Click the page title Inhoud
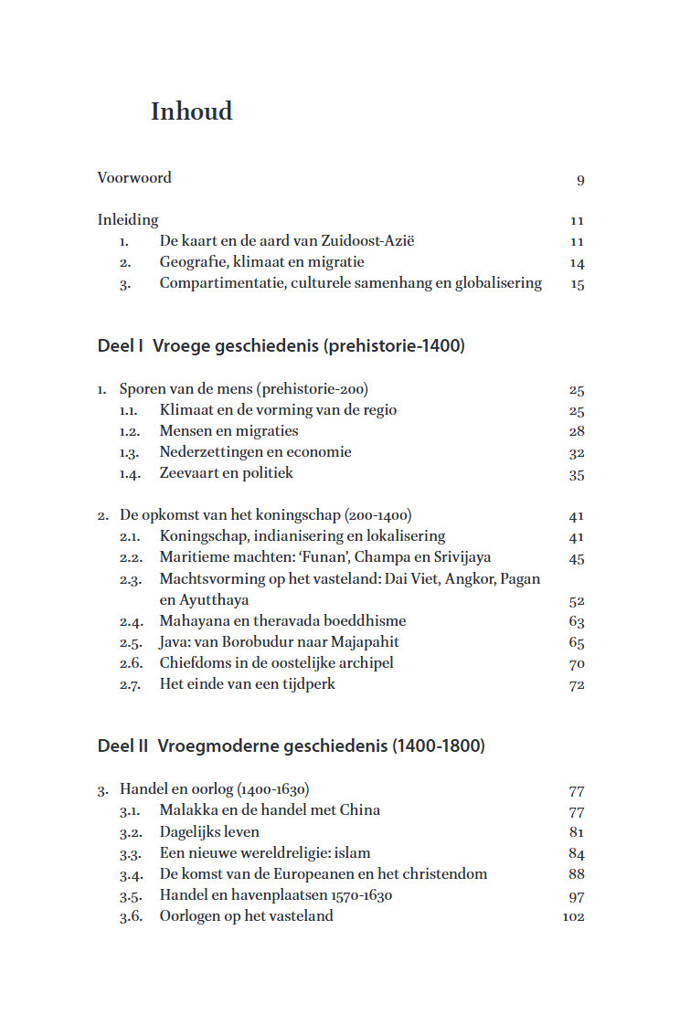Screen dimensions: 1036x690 coord(192,111)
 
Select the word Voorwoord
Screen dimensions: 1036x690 coord(134,177)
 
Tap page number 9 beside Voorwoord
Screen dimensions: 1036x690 coord(580,180)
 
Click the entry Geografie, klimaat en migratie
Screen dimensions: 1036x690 coord(261,262)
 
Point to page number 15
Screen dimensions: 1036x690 coord(577,284)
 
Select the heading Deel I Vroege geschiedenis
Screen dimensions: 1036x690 coord(281,346)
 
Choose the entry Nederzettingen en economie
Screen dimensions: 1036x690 coord(255,452)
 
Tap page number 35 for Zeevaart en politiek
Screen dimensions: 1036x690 coord(576,474)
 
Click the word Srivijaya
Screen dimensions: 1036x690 coord(459,557)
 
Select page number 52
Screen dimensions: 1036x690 coord(576,601)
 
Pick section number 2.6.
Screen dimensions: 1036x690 coord(130,663)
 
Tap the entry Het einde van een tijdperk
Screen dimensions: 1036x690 coord(247,684)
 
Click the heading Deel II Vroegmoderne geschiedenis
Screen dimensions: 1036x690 coord(291,746)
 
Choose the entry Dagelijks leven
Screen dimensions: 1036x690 coord(209,831)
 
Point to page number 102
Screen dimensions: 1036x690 coord(573,917)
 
